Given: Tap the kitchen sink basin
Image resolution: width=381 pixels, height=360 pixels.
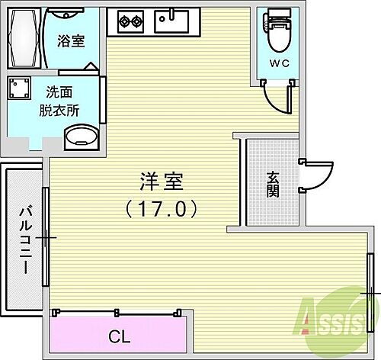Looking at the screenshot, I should pos(172,21).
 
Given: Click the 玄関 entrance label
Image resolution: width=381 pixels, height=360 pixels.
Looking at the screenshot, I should pos(272,184).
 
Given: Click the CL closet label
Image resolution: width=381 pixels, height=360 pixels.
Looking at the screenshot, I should pos(119,335).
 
